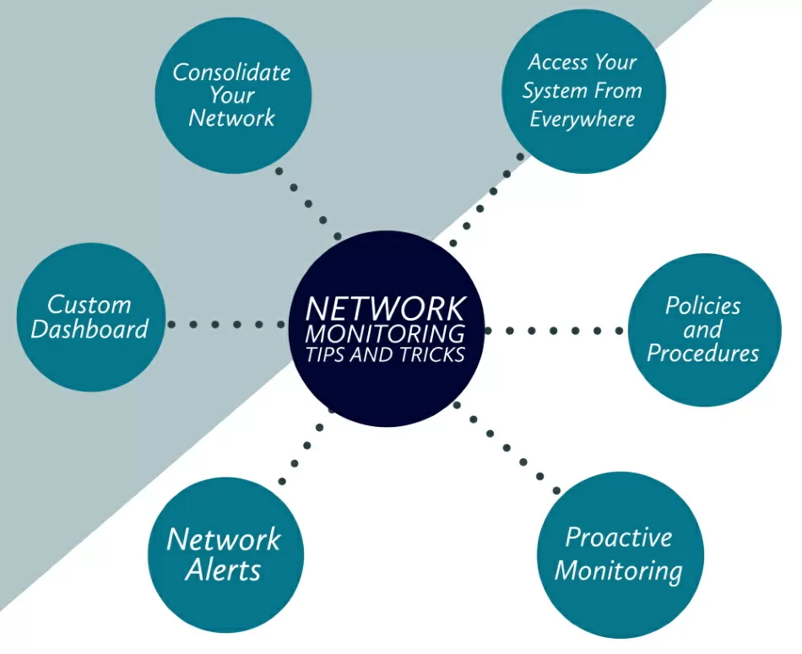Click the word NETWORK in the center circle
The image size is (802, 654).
tap(385, 308)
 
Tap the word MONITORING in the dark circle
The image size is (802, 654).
tap(385, 332)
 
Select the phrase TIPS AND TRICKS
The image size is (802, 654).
tap(385, 354)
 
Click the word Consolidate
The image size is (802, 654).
tap(231, 73)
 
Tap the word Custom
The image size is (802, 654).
tap(89, 304)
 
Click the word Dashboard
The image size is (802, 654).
tap(89, 329)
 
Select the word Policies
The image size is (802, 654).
tap(702, 305)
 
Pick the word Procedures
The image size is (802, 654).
tap(702, 353)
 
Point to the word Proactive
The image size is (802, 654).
tap(619, 538)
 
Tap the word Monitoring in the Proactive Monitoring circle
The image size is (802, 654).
tap(619, 570)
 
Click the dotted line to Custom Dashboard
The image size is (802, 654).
tap(226, 324)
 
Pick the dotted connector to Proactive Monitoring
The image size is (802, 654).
tap(507, 448)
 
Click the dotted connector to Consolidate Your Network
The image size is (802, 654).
tap(309, 203)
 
